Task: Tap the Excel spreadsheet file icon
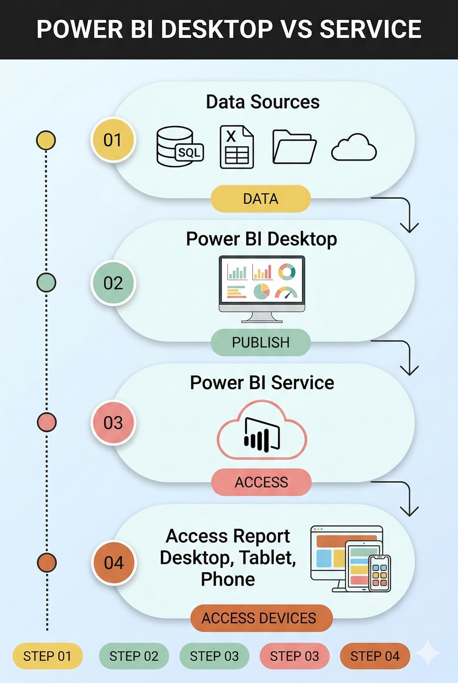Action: (236, 147)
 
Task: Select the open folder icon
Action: (294, 147)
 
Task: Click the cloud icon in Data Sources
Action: (354, 148)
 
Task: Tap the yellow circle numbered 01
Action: (113, 140)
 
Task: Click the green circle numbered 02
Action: (113, 283)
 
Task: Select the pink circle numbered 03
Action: (113, 423)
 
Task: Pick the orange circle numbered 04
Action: (114, 563)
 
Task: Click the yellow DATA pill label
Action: (260, 199)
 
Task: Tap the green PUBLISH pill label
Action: (260, 342)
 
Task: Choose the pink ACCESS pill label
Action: (261, 482)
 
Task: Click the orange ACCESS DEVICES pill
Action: (261, 618)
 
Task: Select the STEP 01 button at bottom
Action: (47, 656)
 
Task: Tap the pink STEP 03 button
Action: (294, 656)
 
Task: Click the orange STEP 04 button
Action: (375, 656)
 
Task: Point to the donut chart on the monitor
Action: (287, 272)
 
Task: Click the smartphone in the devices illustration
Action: (379, 573)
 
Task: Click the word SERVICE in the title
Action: (371, 29)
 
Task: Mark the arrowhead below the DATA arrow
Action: (409, 228)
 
